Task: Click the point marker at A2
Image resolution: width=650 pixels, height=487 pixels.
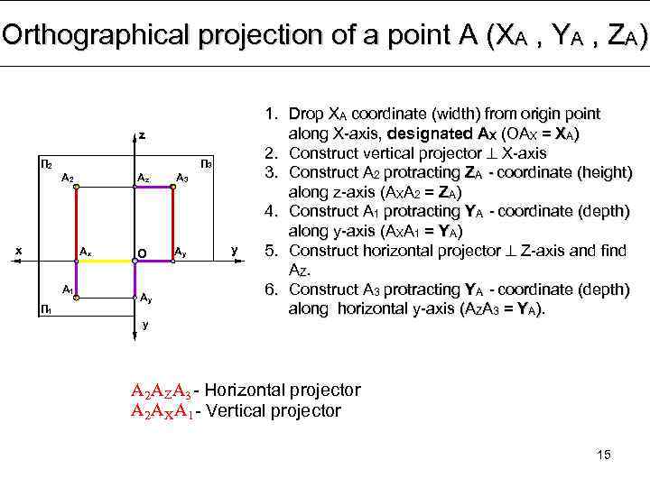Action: coord(76,188)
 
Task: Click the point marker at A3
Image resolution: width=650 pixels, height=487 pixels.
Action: coord(173,188)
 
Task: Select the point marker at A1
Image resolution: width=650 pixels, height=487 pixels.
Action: coord(76,292)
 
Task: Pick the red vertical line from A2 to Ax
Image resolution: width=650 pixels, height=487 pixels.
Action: coord(76,224)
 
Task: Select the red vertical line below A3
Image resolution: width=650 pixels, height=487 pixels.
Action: coord(173,224)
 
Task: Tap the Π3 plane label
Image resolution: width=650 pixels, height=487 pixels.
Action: coord(206,165)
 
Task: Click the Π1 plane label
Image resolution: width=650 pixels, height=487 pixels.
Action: coord(45,309)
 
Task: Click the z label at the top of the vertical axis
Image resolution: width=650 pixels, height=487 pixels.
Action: coord(142,135)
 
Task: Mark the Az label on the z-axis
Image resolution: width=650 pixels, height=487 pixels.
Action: coord(143,177)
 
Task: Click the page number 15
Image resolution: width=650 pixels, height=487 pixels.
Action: coord(604,455)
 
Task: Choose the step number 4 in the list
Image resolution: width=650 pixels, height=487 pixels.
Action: coord(270,211)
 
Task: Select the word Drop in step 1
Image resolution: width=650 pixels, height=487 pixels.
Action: coord(304,115)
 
